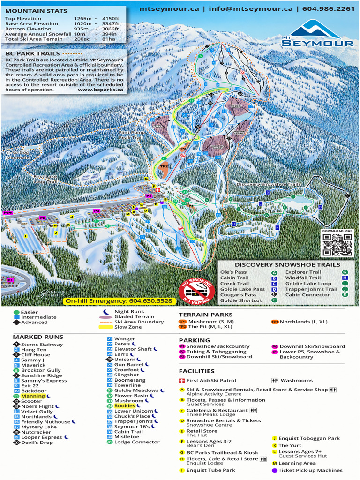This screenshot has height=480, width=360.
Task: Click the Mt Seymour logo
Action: tap(317, 33)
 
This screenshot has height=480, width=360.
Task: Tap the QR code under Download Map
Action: tap(337, 244)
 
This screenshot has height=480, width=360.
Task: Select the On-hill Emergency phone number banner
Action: tap(119, 300)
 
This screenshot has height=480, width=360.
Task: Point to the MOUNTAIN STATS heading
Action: tap(36, 11)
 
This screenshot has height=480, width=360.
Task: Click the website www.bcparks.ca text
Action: tap(101, 90)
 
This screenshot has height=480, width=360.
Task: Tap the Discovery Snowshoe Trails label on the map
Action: tap(268, 185)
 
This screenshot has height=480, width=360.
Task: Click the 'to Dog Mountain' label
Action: tap(17, 155)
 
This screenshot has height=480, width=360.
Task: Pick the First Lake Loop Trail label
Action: tap(45, 179)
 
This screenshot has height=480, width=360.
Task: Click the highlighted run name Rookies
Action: tap(125, 406)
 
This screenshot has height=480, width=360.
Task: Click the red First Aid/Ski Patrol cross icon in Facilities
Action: tap(182, 381)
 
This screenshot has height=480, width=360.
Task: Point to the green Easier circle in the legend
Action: tap(16, 312)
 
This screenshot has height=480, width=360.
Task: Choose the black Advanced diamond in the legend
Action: tap(16, 322)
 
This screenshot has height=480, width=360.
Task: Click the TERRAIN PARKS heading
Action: tap(205, 315)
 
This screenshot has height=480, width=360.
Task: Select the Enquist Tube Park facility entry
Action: tap(210, 470)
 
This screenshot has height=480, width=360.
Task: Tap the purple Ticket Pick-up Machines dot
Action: tap(275, 470)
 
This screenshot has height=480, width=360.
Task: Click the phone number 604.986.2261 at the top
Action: tap(328, 8)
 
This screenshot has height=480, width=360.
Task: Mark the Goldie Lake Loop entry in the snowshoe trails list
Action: tap(308, 284)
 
